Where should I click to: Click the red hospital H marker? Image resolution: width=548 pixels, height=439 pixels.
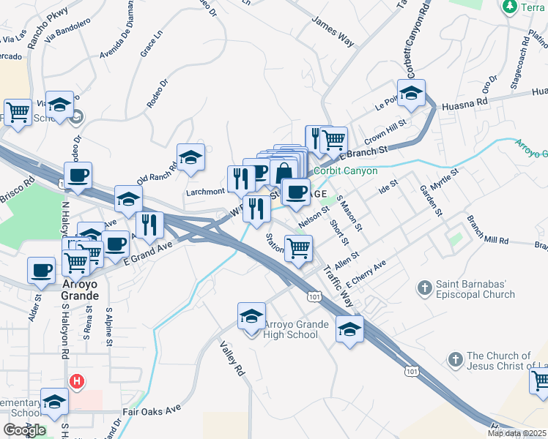pyautogui.click(x=75, y=382)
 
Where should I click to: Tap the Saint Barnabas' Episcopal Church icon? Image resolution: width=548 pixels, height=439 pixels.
pyautogui.click(x=424, y=288)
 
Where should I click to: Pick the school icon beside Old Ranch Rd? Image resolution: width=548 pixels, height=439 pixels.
pyautogui.click(x=190, y=158)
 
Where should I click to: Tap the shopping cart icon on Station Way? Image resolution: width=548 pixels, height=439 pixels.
pyautogui.click(x=298, y=249)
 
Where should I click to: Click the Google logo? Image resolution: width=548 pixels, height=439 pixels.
pyautogui.click(x=24, y=430)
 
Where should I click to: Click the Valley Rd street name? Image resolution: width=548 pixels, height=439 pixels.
pyautogui.click(x=232, y=359)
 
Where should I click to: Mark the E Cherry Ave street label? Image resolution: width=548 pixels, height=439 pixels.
pyautogui.click(x=366, y=274)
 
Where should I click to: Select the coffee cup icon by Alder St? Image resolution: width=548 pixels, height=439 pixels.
pyautogui.click(x=41, y=271)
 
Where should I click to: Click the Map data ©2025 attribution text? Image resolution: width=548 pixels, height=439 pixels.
pyautogui.click(x=516, y=433)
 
